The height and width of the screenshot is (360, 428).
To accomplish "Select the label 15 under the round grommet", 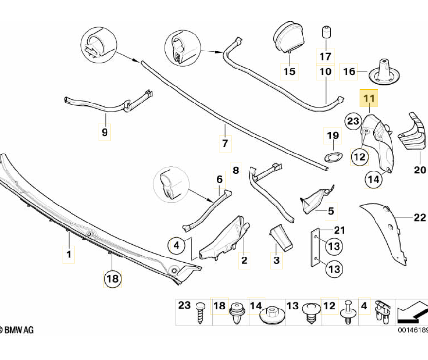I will point(289,72).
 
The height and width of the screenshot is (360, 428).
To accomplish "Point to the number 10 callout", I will point(325,72).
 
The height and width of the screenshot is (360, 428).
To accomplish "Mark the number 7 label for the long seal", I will point(225,144).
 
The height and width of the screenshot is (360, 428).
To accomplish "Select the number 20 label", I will point(419,170).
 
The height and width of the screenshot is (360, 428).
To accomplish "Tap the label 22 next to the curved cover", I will point(419,217).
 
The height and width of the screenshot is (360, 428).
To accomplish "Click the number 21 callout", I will point(339,230).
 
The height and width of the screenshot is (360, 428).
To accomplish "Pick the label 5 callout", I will point(331,211).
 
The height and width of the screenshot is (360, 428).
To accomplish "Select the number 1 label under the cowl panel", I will point(69,254).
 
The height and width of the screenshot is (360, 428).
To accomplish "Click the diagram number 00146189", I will point(412,330).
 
